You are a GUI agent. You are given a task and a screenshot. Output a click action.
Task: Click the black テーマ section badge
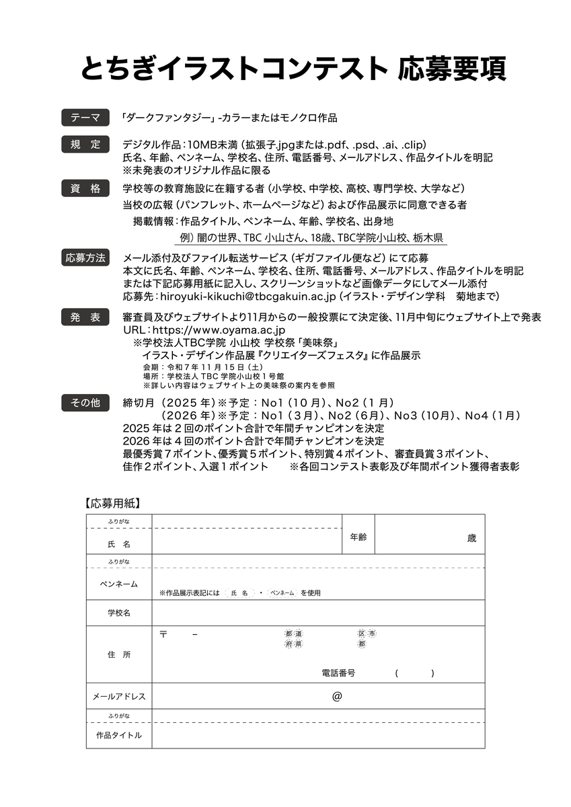click(85, 118)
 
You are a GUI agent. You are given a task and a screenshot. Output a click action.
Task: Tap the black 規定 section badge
click(85, 144)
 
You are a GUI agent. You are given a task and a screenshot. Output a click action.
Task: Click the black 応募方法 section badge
click(85, 258)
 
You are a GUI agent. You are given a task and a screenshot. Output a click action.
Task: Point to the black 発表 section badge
click(85, 317)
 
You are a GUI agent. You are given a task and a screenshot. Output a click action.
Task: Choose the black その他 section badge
click(85, 403)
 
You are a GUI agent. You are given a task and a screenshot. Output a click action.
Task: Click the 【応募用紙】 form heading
click(112, 502)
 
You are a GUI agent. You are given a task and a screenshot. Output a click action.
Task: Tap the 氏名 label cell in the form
click(119, 542)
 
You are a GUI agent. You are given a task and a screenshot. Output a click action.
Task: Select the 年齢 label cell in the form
click(358, 537)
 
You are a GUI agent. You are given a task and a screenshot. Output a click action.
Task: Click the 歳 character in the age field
click(471, 538)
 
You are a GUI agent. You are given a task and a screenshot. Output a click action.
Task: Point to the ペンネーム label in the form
click(119, 584)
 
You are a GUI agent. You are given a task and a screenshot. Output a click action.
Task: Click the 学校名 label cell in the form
click(119, 613)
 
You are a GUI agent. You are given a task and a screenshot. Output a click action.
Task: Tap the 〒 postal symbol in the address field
click(163, 634)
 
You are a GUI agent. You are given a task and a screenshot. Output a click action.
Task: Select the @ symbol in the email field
click(337, 696)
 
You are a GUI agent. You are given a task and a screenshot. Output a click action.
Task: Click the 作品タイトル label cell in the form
click(119, 735)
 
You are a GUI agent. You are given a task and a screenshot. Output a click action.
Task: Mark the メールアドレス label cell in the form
click(119, 696)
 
